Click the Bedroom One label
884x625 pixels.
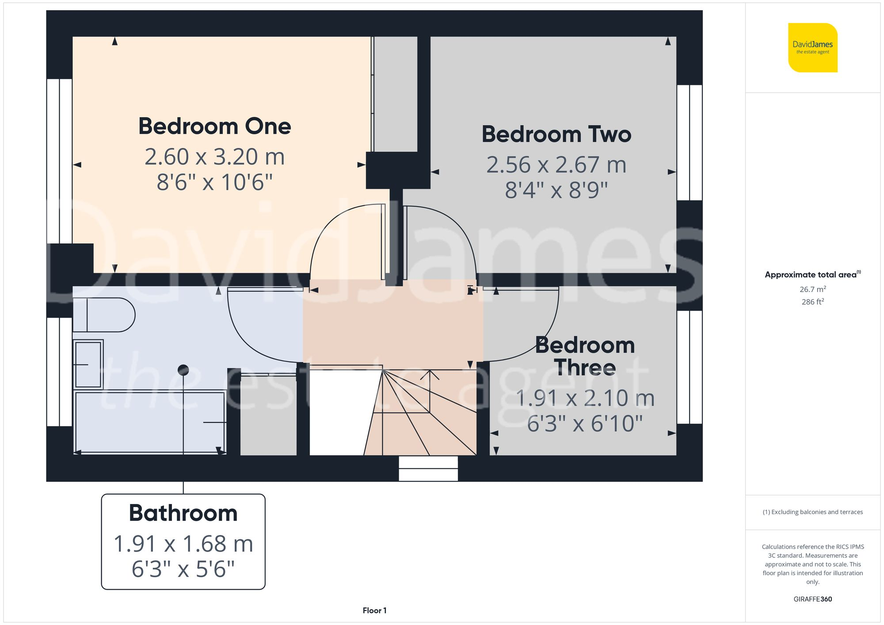215,126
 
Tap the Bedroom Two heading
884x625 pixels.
556,134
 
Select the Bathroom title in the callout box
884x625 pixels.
183,513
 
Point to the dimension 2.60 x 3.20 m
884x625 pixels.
215,157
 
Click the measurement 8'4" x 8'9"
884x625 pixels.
556,190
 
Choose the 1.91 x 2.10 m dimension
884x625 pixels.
585,398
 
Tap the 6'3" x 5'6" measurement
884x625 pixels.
183,569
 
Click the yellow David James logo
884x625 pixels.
812,48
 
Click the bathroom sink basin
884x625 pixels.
88,364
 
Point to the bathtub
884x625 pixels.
150,422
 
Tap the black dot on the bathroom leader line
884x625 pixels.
183,370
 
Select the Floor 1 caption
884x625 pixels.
374,610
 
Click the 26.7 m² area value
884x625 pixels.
812,289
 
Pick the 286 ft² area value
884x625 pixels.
812,302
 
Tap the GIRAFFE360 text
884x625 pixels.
812,599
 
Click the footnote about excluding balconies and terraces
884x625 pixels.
812,512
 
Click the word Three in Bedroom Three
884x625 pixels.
585,367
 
